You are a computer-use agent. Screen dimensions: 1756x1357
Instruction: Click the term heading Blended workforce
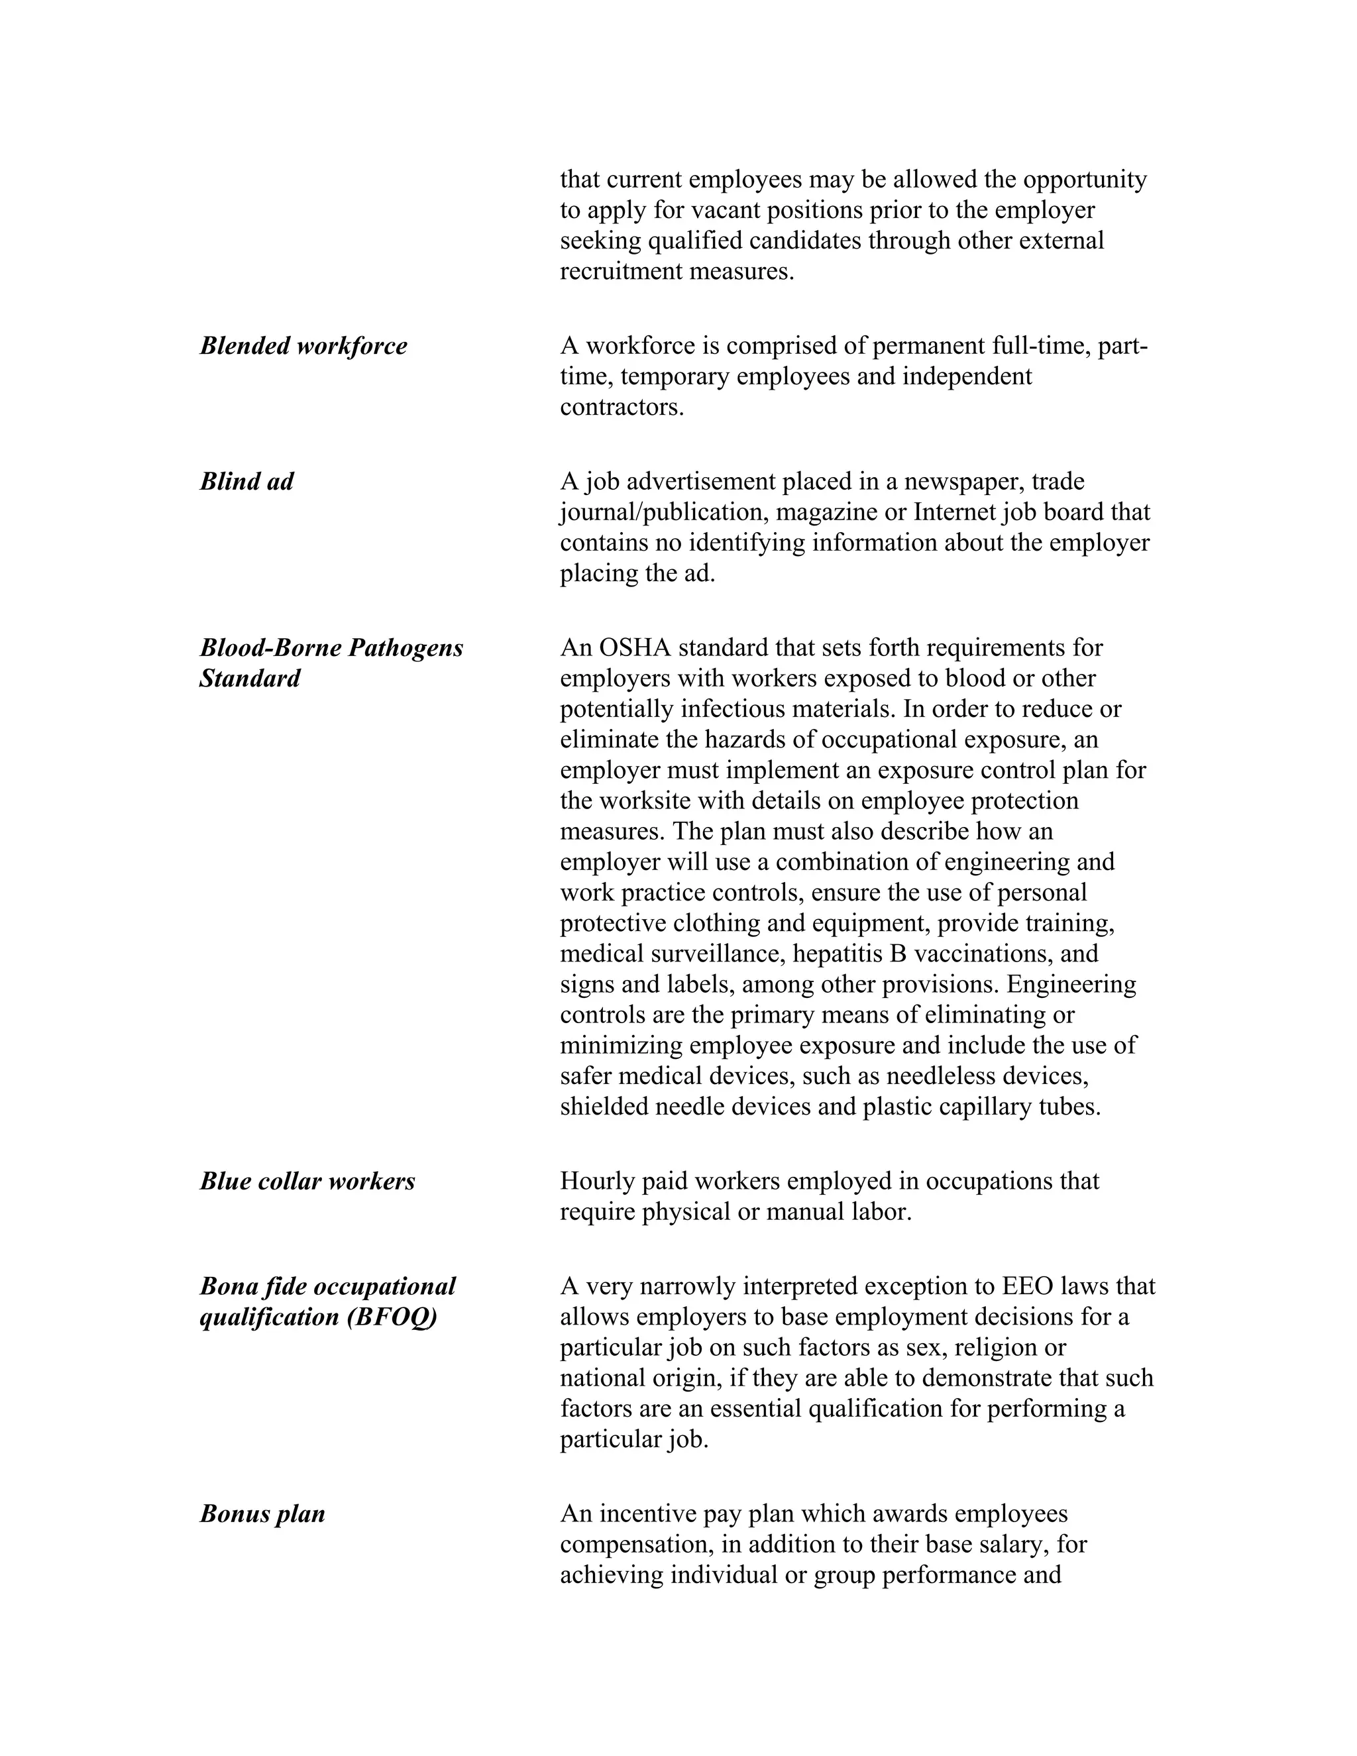pos(303,347)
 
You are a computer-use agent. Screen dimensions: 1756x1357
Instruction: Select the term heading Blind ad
pos(246,482)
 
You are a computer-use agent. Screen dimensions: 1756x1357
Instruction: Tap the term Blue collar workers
pos(307,1181)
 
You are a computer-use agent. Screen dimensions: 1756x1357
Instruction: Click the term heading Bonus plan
pos(262,1514)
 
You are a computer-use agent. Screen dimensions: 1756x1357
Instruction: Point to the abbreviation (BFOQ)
pos(392,1318)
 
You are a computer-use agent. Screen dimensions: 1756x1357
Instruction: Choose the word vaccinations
pos(983,954)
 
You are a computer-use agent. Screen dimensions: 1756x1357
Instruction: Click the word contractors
pos(621,408)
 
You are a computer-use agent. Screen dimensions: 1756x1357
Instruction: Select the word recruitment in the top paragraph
pos(621,272)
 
